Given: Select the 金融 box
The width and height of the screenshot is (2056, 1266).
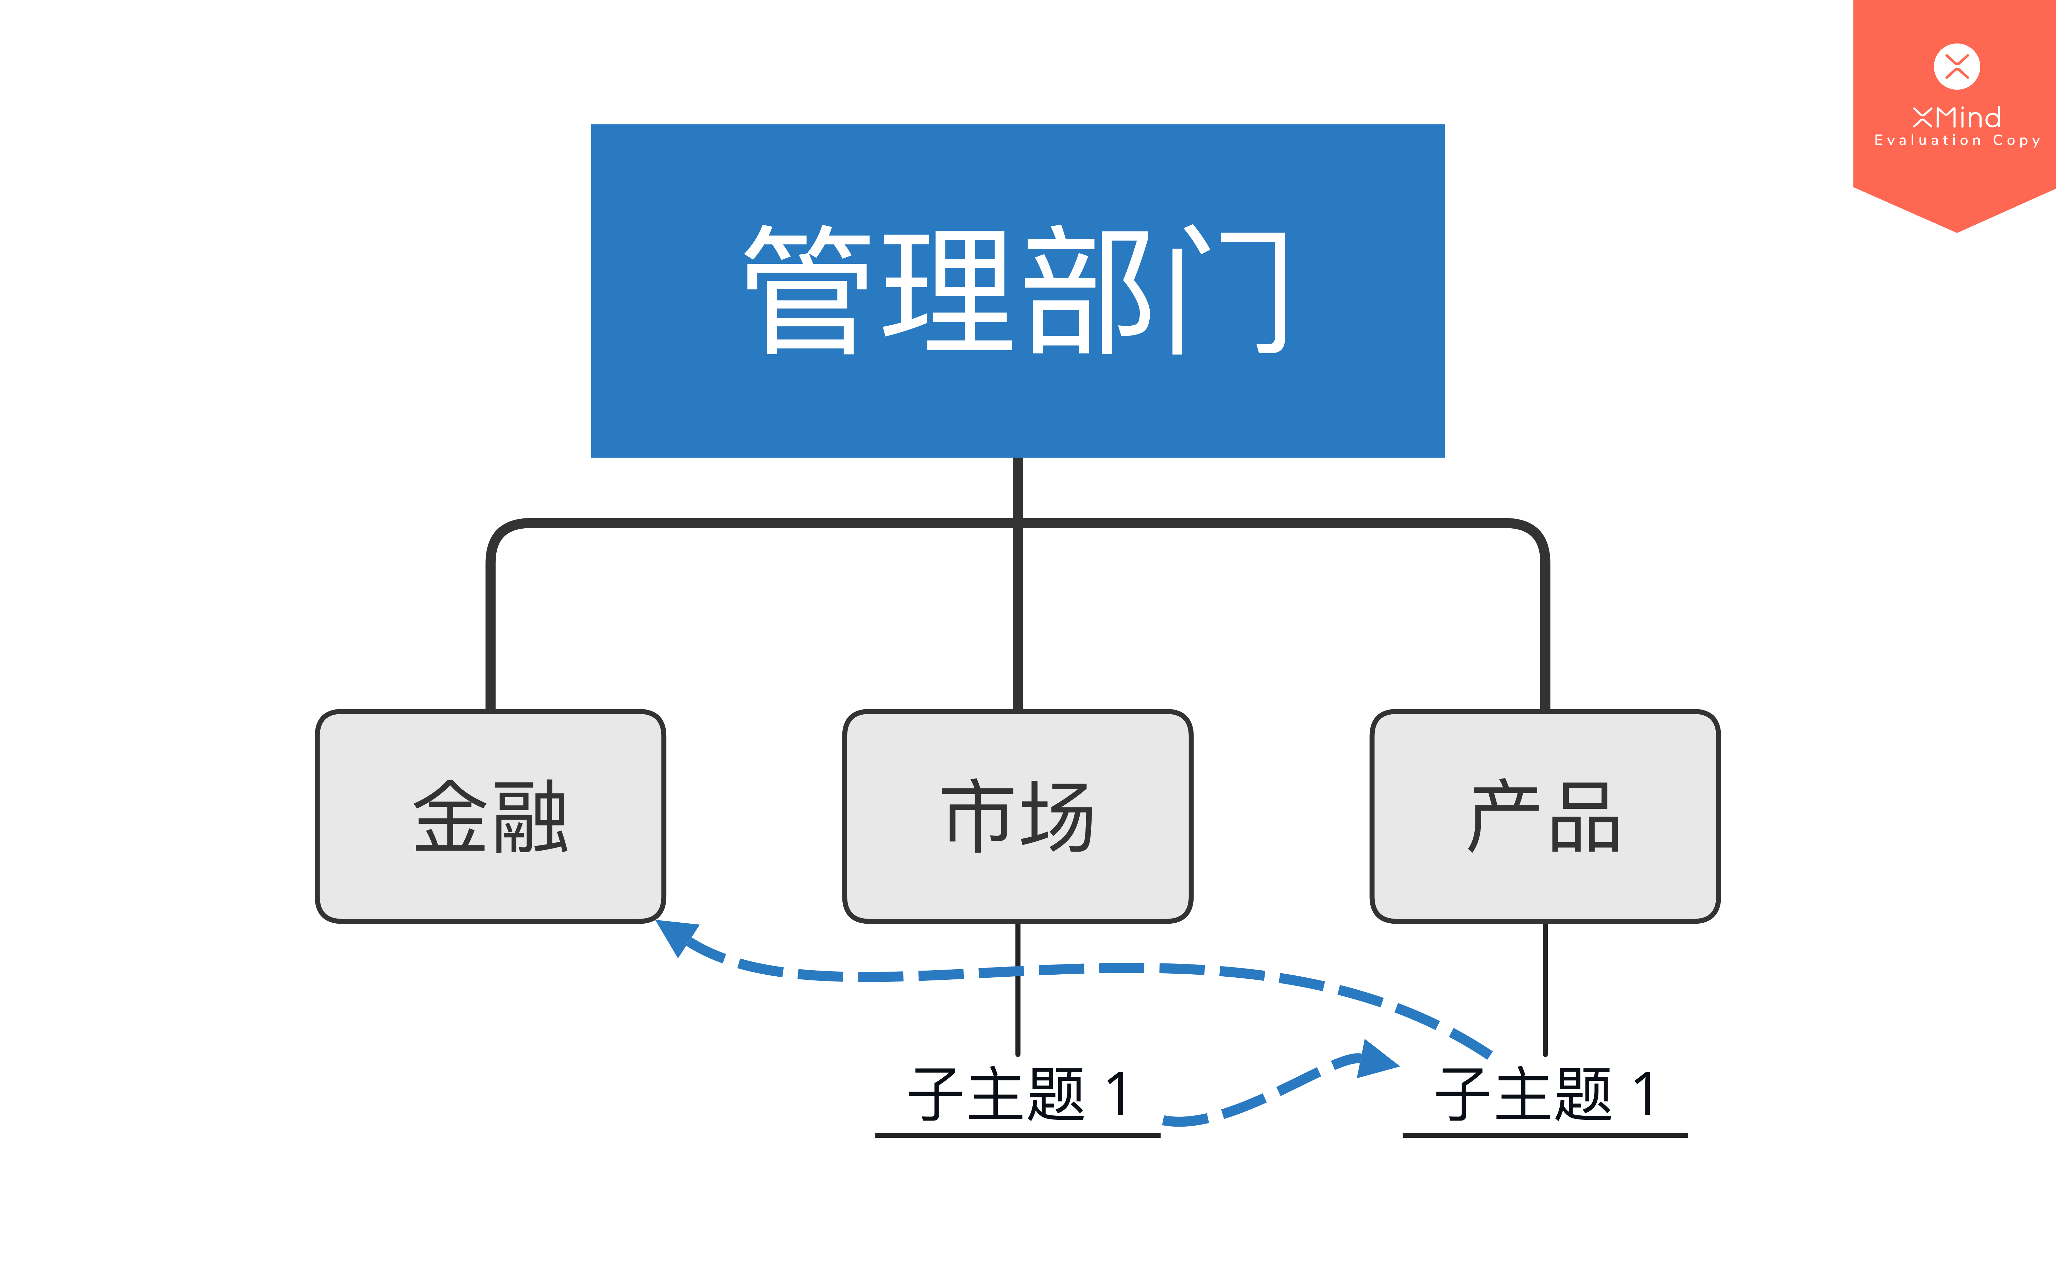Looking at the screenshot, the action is (x=491, y=816).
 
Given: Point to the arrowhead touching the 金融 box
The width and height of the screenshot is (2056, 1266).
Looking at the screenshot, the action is (x=676, y=936).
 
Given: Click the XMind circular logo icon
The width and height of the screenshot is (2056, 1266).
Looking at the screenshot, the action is (x=1957, y=66).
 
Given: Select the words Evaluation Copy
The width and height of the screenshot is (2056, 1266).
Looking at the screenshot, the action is (x=1957, y=141).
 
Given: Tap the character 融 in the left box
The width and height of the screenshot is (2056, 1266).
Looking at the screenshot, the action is (x=531, y=816).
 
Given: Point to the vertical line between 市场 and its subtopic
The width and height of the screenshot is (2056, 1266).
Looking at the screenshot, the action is (x=1018, y=989).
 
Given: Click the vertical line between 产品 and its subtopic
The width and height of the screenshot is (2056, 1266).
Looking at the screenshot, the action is (x=1545, y=989).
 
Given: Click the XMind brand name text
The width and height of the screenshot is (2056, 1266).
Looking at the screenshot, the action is (x=1957, y=116).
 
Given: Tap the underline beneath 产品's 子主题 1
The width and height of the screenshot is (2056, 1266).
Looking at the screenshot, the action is (x=1545, y=1135).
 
